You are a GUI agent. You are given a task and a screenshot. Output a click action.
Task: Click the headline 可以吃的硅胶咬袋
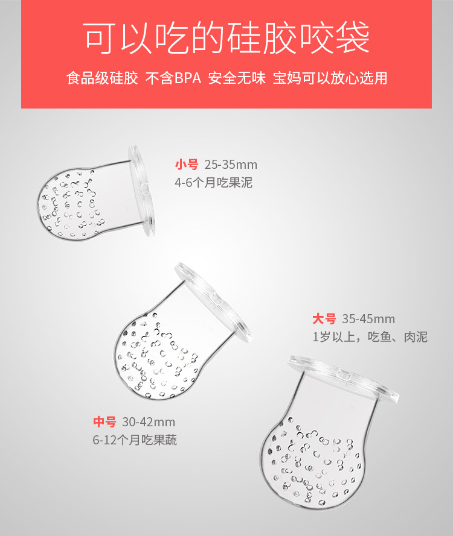226,37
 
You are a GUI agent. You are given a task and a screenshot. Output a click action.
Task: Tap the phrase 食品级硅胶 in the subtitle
102,79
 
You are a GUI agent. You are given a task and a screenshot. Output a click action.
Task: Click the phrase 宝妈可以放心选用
330,79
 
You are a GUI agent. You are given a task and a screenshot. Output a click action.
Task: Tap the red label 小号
187,165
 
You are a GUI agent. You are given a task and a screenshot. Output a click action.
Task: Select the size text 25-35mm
231,165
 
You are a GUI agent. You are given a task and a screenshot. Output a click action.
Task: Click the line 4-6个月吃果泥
213,183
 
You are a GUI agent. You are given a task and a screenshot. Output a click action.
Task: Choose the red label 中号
104,422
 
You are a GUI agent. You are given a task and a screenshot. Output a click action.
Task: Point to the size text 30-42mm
149,422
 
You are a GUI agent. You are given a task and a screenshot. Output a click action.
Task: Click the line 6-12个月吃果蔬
135,440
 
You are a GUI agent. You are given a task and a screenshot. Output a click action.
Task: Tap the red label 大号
324,319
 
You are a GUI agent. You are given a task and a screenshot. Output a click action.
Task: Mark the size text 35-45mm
368,319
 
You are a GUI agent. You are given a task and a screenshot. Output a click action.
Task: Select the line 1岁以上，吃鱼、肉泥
370,337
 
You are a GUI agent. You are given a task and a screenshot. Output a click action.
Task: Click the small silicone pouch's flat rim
143,190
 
